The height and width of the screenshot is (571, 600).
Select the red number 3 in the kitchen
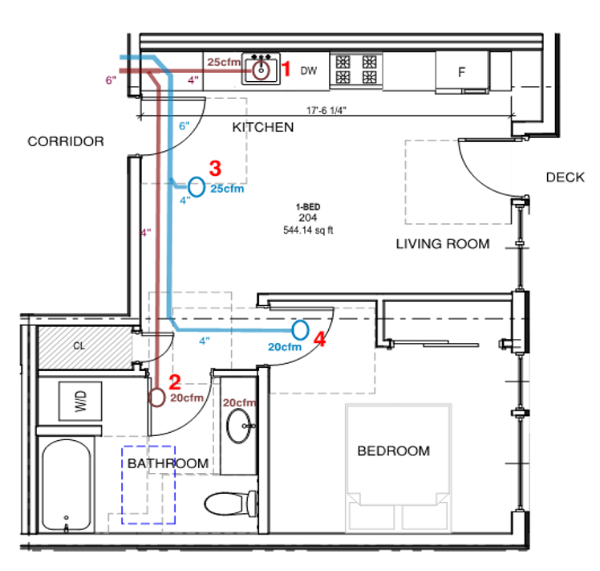tap(214, 169)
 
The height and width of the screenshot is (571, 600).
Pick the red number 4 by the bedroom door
tap(320, 340)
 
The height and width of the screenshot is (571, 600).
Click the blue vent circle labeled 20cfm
tap(300, 329)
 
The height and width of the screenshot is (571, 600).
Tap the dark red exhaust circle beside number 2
tap(158, 396)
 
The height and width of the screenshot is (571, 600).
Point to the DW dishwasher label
tap(309, 71)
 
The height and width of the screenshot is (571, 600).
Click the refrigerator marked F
tap(461, 71)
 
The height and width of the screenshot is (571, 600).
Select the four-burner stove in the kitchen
tap(356, 69)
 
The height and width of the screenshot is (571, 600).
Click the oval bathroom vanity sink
tap(238, 426)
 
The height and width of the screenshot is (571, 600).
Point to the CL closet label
tap(79, 347)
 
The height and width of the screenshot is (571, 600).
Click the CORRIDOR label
tap(66, 141)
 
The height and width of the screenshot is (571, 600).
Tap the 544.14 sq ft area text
tap(308, 230)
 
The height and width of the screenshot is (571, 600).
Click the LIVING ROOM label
tap(442, 244)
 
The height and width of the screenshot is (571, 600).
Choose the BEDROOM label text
tap(393, 451)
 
